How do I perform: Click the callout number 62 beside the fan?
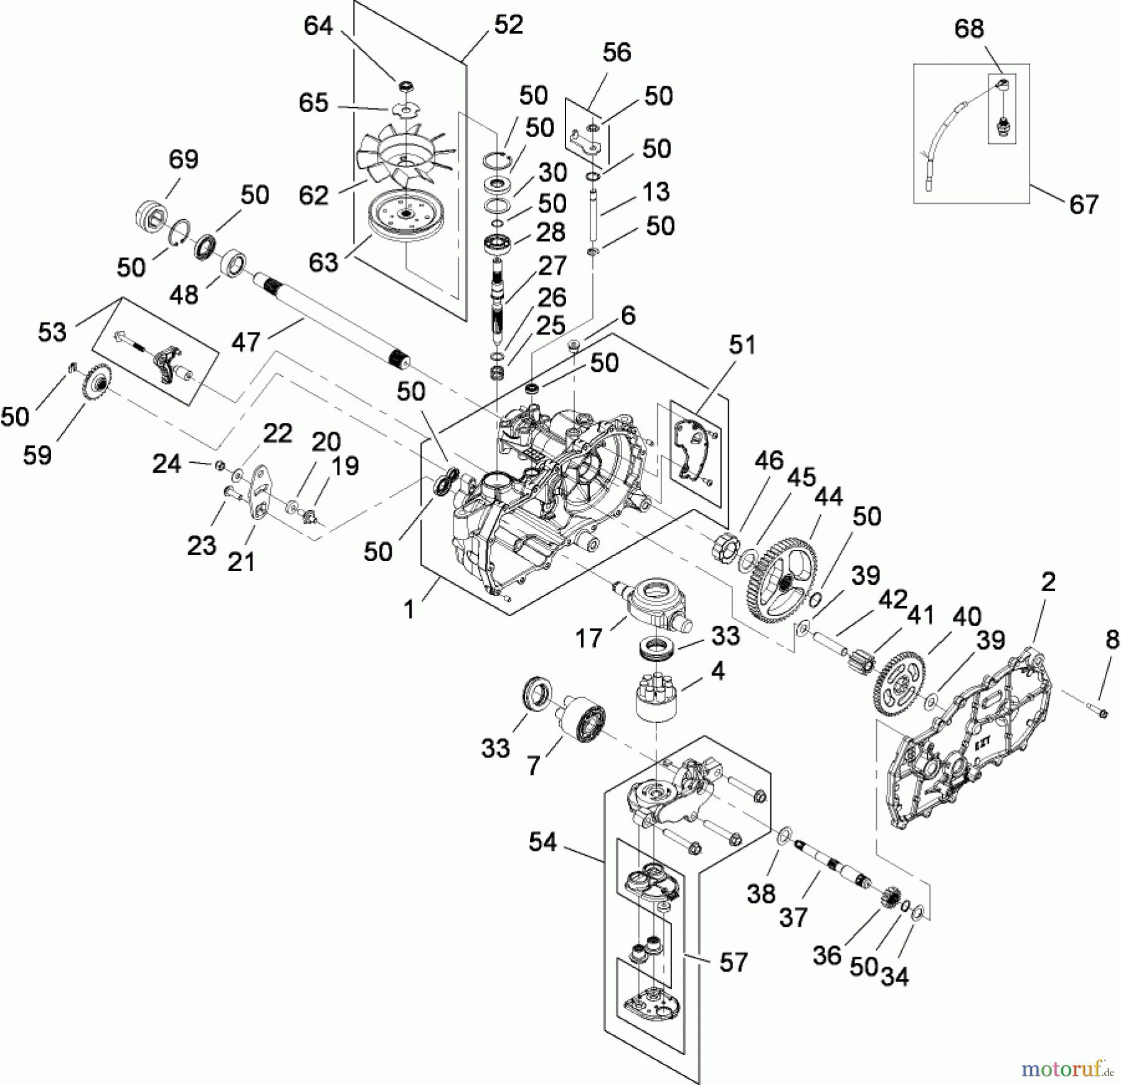coord(313,195)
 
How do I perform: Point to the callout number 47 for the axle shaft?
coord(245,342)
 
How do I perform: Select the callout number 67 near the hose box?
coord(1084,204)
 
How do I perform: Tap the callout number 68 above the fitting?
coord(969,29)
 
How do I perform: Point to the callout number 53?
coord(52,332)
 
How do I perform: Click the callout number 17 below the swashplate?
coord(589,638)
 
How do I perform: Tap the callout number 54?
coord(542,842)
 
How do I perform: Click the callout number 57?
coord(733,962)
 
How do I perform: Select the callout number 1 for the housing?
coord(409,609)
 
